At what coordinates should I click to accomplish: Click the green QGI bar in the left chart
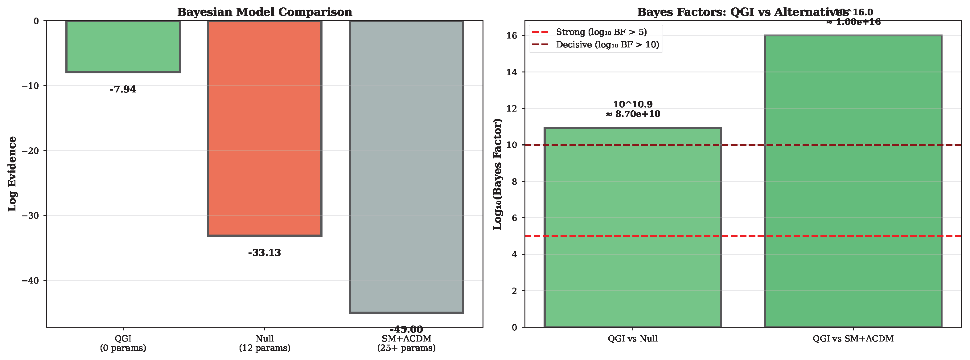pyautogui.click(x=123, y=46)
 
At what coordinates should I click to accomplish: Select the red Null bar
pyautogui.click(x=265, y=128)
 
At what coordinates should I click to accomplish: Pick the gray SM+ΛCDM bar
pyautogui.click(x=406, y=166)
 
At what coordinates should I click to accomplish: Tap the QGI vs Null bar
pyautogui.click(x=633, y=227)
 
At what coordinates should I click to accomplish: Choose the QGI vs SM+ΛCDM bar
pyautogui.click(x=853, y=181)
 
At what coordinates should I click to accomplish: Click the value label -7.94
pyautogui.click(x=123, y=89)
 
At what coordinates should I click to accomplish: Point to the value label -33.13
pyautogui.click(x=265, y=253)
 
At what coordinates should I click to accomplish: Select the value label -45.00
pyautogui.click(x=406, y=329)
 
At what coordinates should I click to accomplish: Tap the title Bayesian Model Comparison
pyautogui.click(x=265, y=12)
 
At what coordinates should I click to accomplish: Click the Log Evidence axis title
pyautogui.click(x=12, y=174)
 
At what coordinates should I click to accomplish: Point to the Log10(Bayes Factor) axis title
pyautogui.click(x=498, y=174)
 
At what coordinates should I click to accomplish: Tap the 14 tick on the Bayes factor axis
pyautogui.click(x=512, y=72)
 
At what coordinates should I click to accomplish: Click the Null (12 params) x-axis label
pyautogui.click(x=265, y=343)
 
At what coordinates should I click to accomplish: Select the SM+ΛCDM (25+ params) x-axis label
pyautogui.click(x=406, y=343)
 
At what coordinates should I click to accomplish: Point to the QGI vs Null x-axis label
pyautogui.click(x=633, y=338)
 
